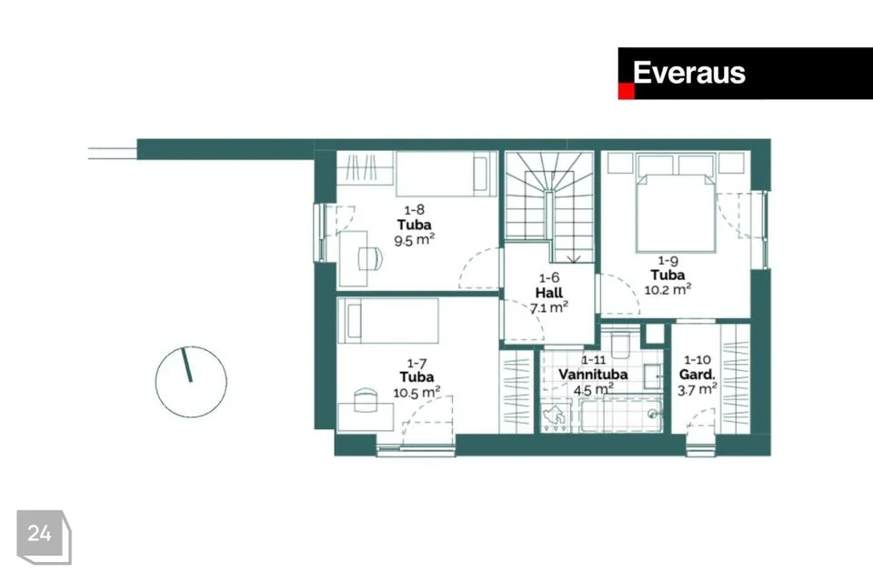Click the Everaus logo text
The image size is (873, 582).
point(688,73)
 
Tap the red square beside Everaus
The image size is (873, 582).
point(626,92)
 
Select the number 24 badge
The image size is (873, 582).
point(44,537)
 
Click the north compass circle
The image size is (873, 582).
point(191,382)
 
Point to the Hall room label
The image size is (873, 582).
point(549,293)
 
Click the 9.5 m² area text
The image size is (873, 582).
point(415,240)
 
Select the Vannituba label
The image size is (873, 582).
point(593,375)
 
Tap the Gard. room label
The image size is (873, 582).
point(697,375)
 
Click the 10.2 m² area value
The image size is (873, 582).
point(667,289)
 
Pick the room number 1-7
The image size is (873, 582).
point(416,364)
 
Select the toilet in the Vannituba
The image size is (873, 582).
point(619,342)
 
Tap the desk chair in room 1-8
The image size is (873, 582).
point(371,258)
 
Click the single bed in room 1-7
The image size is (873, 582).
point(388,320)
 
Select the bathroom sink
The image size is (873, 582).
point(653,376)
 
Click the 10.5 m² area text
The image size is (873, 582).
point(416,392)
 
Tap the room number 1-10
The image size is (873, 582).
point(697,360)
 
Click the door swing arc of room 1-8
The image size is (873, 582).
point(472,263)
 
